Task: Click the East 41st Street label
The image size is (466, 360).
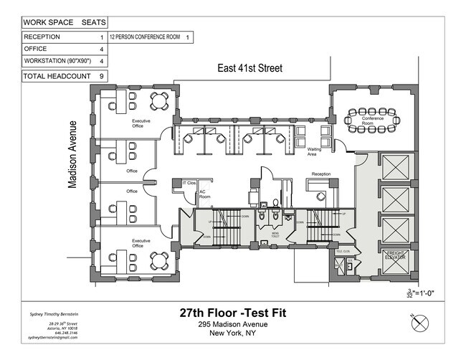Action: click(x=250, y=69)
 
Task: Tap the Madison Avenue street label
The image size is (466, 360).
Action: click(x=72, y=160)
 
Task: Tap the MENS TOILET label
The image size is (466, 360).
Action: click(x=274, y=233)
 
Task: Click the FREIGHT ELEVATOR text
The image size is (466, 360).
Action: click(x=396, y=256)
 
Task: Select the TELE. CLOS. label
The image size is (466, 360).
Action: click(x=343, y=252)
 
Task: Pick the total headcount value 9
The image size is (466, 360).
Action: click(x=102, y=75)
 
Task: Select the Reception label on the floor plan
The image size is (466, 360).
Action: click(x=320, y=174)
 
